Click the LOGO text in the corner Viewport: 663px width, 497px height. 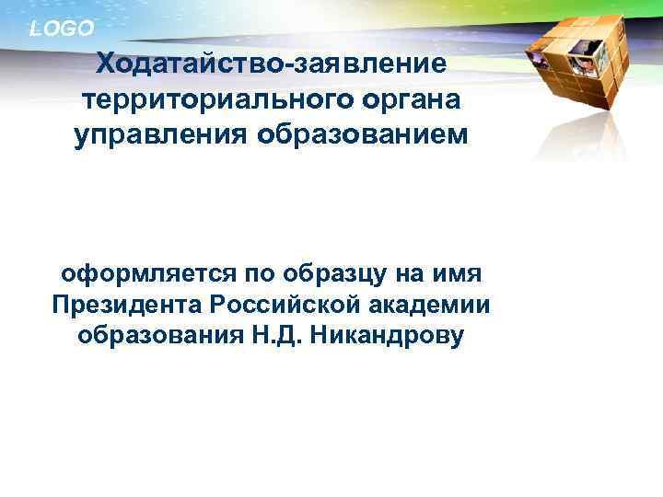coord(62,29)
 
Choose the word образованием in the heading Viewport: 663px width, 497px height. coord(363,135)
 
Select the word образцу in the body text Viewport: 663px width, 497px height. coord(325,275)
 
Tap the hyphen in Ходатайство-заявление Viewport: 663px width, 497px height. coord(290,65)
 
